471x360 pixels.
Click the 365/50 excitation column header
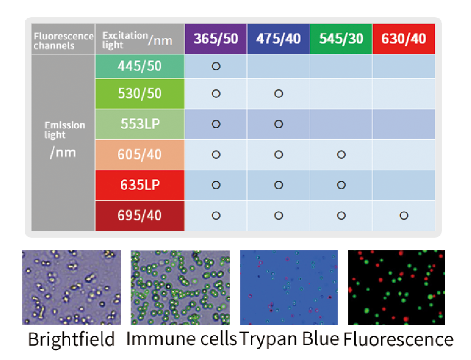tap(215, 39)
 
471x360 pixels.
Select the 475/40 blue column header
tap(278, 39)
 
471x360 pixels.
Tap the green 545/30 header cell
tap(341, 39)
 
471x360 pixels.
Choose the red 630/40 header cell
tap(404, 39)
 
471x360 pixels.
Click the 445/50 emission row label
tap(140, 66)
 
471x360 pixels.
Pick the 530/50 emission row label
tap(140, 94)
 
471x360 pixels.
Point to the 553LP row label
tap(140, 124)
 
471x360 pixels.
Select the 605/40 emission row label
tap(140, 154)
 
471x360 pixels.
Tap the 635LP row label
tap(140, 185)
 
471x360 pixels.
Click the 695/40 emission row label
tap(140, 215)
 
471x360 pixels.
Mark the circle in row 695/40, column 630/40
tap(404, 215)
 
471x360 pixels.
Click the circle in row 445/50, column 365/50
tap(215, 66)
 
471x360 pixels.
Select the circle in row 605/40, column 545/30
tap(341, 154)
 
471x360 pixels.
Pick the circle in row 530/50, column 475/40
tap(278, 94)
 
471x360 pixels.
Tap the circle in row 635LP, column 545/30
tap(341, 185)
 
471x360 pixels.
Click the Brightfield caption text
tap(71, 340)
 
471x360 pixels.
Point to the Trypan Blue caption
tap(289, 339)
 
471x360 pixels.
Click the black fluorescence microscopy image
tap(396, 287)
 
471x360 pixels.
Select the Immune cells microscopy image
tap(180, 287)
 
